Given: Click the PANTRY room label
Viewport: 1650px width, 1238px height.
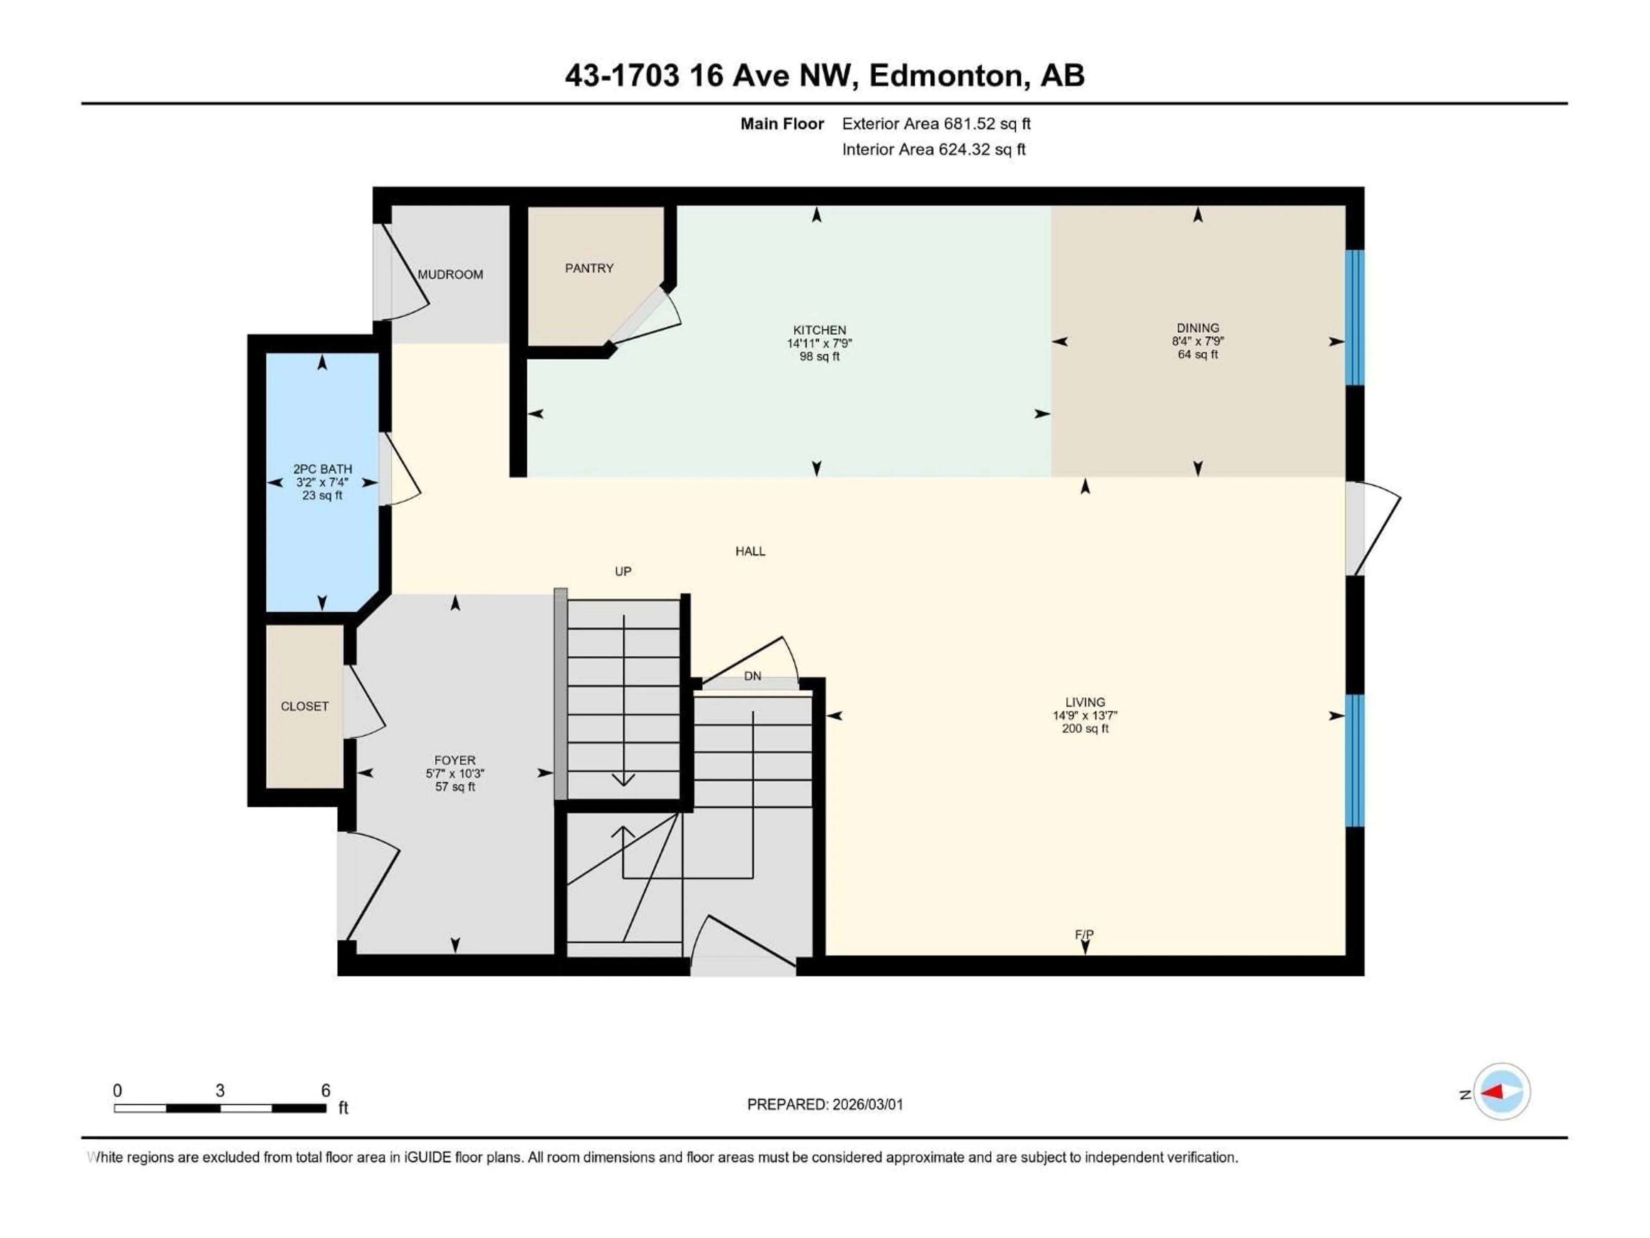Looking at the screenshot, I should coord(589,268).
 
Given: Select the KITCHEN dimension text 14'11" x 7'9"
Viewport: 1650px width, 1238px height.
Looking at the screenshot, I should coord(819,343).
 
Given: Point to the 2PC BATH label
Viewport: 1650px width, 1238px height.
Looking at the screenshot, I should coord(322,469).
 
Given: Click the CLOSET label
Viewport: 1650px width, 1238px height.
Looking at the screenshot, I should coord(304,706).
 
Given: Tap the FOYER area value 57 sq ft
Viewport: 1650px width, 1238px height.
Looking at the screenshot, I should coord(455,787).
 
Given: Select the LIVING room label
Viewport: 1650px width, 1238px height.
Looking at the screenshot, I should coord(1085,702).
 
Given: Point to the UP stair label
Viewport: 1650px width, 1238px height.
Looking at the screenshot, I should coord(623,572).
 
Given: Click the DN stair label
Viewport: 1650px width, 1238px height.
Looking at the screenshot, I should coord(753,676).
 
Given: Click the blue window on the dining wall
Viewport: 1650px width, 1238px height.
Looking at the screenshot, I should coord(1355,317).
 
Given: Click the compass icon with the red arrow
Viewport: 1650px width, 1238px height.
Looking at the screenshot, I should coord(1502,1092).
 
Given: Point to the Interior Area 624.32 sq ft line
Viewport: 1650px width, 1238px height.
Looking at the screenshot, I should coord(933,149).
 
